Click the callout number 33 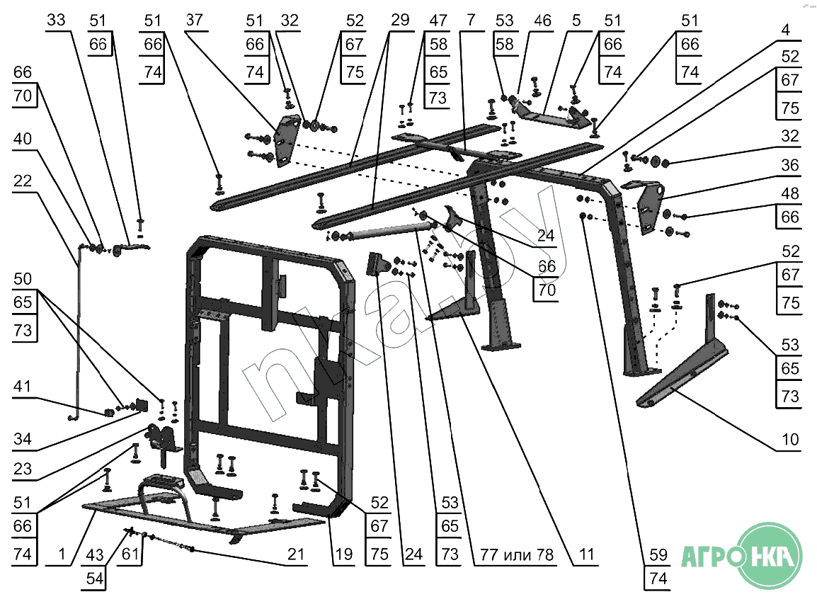tap(56, 20)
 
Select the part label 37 tap(195, 20)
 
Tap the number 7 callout tap(471, 20)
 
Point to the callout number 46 tap(542, 21)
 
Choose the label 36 tap(790, 165)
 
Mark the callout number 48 tap(790, 193)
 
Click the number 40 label tap(23, 139)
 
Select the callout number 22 tap(23, 181)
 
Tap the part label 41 tap(22, 386)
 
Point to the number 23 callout tap(23, 469)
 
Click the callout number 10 tap(790, 439)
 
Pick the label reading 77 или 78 tap(517, 554)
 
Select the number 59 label tap(658, 554)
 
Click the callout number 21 tap(296, 554)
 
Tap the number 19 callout tap(344, 554)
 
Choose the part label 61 tap(130, 554)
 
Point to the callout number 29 tap(400, 20)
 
